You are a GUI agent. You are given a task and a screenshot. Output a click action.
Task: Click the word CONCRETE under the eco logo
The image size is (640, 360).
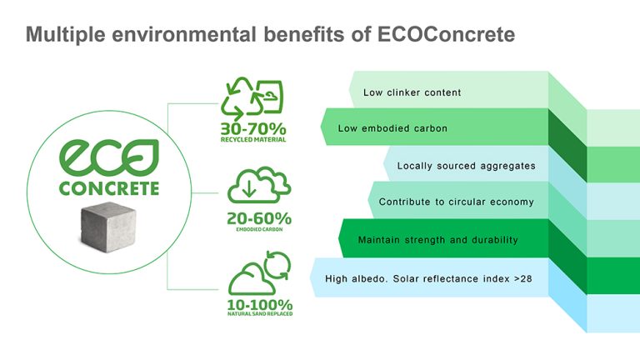(109, 188)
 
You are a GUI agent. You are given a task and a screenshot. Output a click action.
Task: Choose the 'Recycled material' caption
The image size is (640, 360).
(254, 140)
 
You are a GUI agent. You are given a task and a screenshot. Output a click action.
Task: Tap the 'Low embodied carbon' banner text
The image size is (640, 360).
(392, 129)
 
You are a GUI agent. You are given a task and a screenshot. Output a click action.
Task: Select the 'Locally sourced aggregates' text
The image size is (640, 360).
(466, 166)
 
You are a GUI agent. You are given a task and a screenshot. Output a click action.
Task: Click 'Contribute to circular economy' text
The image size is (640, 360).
(457, 202)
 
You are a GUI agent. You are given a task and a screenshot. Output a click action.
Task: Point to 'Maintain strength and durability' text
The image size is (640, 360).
(437, 240)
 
